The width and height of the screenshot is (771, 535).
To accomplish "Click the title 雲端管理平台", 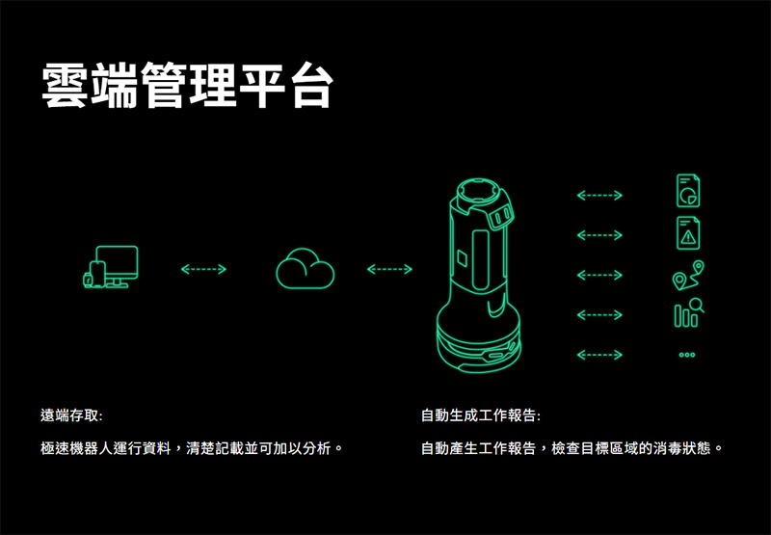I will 187,87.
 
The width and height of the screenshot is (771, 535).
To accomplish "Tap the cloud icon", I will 305,267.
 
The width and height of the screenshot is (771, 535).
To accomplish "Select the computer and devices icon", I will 110,267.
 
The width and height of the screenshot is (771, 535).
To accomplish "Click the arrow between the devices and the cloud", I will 202,269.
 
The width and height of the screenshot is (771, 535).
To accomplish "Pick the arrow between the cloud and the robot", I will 389,269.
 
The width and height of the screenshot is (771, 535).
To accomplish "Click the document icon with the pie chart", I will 688,190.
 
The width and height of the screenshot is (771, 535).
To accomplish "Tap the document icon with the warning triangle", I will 688,232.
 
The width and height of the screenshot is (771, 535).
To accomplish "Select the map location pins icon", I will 688,275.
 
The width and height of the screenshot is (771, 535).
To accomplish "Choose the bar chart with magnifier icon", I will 688,313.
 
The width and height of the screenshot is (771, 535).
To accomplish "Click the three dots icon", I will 687,355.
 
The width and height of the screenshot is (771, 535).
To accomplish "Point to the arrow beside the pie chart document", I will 598,197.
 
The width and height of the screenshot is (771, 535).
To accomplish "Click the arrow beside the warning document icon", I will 598,235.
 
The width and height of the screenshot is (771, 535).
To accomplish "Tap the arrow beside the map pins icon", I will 598,276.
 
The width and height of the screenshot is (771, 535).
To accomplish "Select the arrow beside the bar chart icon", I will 598,315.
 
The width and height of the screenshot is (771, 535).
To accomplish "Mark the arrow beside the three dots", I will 598,355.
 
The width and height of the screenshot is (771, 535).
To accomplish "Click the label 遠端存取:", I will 71,415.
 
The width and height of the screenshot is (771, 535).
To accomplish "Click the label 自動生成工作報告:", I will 481,415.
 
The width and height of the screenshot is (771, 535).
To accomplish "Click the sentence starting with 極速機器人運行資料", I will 192,448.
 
